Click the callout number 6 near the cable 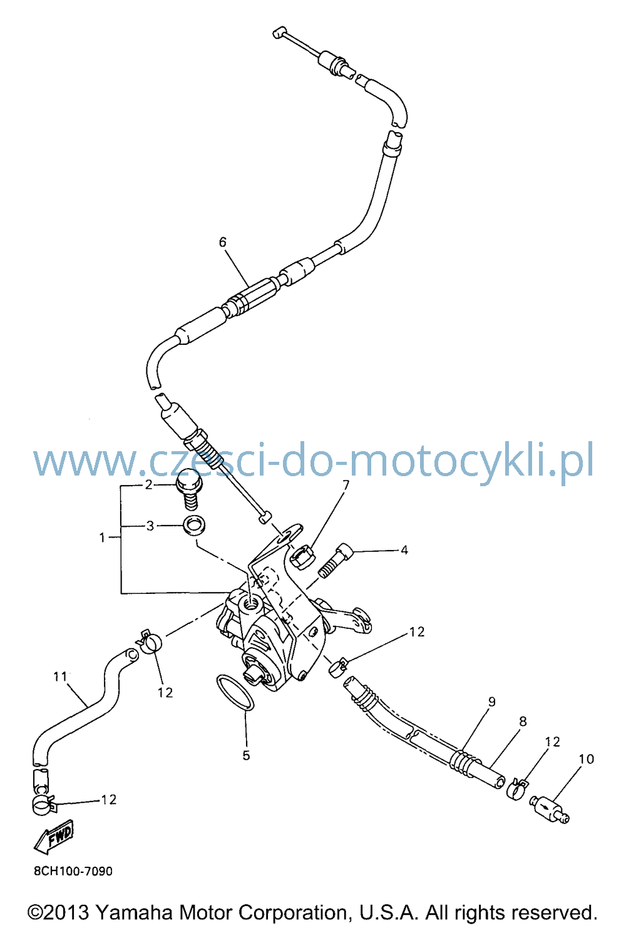click(223, 242)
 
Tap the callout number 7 click(346, 485)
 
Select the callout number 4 click(404, 550)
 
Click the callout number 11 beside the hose click(60, 676)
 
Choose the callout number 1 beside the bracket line click(103, 538)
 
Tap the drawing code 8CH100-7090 click(73, 871)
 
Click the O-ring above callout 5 click(235, 692)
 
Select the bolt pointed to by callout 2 click(189, 494)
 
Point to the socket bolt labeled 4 click(336, 561)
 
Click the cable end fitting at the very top click(279, 33)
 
